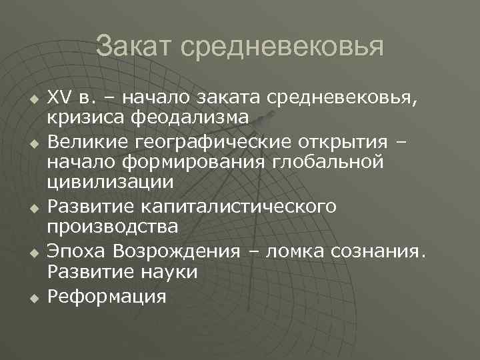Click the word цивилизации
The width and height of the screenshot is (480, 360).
(x=110, y=181)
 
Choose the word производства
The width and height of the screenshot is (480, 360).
(x=112, y=226)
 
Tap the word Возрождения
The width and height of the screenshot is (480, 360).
(x=176, y=252)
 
